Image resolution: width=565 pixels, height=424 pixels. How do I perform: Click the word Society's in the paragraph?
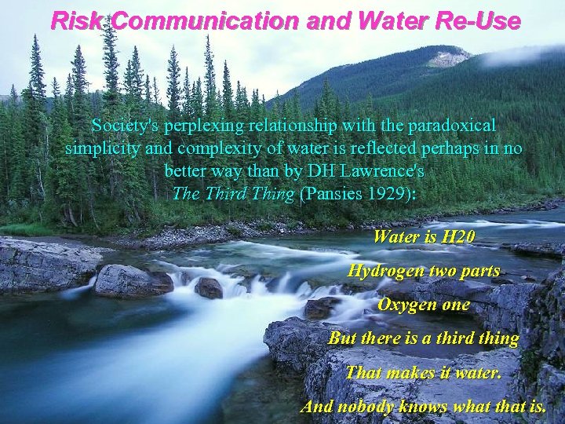click(x=123, y=126)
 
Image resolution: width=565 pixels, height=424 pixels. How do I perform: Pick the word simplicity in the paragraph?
click(x=101, y=148)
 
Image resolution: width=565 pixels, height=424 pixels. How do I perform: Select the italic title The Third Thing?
click(x=234, y=193)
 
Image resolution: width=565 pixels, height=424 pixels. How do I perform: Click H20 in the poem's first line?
click(x=457, y=236)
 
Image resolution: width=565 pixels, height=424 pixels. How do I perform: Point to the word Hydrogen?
click(x=385, y=271)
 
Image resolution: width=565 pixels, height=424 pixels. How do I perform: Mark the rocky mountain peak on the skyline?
click(x=449, y=57)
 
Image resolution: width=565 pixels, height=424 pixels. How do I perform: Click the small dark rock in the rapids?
click(x=209, y=288)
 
